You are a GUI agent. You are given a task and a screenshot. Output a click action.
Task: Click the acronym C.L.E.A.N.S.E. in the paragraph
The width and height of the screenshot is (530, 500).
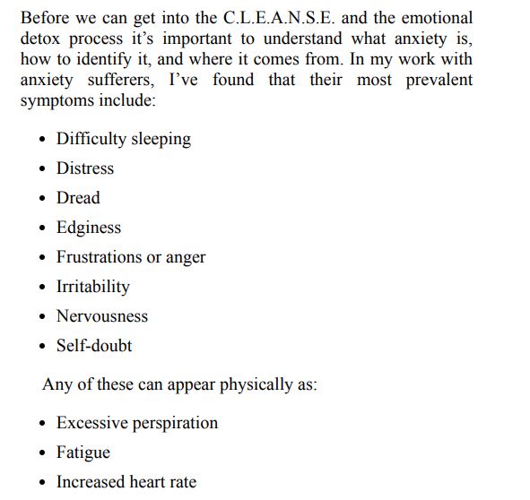(x=266, y=19)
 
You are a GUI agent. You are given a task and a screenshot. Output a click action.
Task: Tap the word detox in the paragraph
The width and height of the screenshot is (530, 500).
(x=41, y=39)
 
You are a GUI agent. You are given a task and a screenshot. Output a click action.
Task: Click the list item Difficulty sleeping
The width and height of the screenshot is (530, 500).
(x=124, y=139)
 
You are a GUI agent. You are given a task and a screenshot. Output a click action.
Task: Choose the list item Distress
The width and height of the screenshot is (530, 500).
(x=85, y=168)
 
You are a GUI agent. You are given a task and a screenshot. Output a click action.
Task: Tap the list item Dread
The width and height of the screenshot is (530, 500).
(x=78, y=198)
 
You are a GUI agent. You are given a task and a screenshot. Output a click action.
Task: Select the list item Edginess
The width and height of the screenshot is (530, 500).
(x=88, y=228)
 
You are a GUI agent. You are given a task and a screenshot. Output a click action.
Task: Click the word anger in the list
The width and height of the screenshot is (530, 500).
(x=186, y=257)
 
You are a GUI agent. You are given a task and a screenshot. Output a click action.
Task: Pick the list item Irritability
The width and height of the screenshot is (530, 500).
(x=92, y=287)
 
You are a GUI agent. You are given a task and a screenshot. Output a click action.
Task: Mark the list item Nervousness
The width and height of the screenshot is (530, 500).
(x=102, y=316)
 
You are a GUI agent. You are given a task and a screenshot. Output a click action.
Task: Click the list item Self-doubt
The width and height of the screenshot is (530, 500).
(x=94, y=346)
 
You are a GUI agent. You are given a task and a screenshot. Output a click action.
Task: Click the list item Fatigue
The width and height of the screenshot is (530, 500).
(x=83, y=453)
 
